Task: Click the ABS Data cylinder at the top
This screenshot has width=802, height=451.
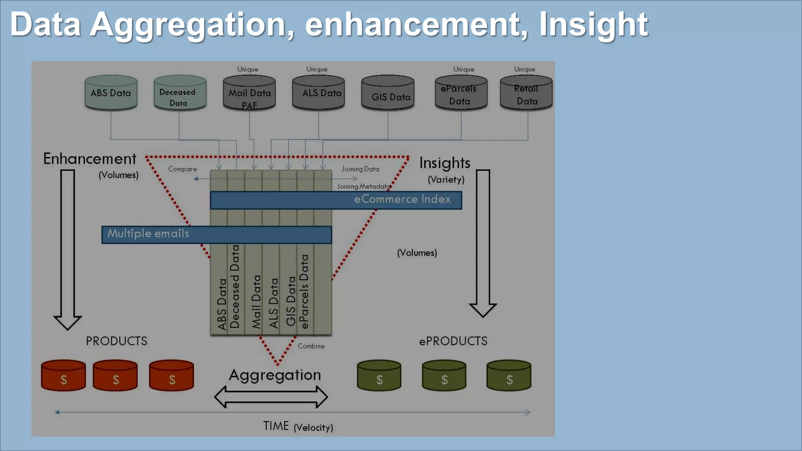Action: (111, 93)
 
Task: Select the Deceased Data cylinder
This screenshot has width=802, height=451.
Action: (180, 93)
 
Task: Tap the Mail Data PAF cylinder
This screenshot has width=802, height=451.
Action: (249, 93)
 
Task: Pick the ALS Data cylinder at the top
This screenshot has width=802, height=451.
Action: (318, 93)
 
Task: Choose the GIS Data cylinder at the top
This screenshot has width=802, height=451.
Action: (388, 93)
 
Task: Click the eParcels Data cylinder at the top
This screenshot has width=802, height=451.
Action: (461, 93)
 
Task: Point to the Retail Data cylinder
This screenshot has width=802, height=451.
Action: (526, 93)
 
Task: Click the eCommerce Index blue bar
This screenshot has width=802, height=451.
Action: (336, 200)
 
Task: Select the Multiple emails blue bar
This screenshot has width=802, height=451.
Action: (217, 235)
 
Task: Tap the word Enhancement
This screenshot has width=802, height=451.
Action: (90, 159)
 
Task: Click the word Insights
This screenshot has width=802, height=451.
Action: (444, 163)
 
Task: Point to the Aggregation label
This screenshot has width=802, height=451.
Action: (275, 375)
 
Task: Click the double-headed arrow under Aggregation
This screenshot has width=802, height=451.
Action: (271, 397)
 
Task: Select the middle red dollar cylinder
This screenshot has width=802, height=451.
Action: (115, 376)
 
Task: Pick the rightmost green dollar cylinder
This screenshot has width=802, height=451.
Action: (509, 376)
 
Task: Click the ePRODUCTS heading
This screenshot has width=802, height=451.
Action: (453, 341)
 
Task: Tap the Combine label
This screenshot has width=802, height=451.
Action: (311, 346)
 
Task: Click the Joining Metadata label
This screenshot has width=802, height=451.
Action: (364, 186)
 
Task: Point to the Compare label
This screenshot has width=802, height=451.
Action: (182, 169)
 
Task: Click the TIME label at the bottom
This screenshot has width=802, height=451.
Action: (276, 426)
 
